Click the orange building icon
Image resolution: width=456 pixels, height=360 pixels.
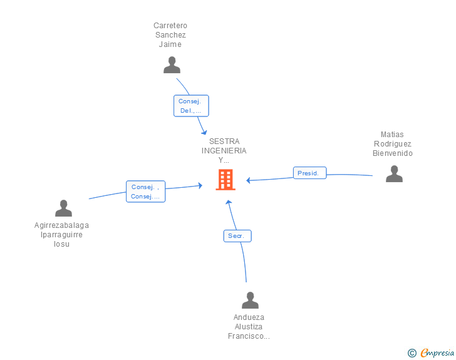point(225,180)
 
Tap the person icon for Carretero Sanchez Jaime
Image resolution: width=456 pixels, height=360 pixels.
point(172,65)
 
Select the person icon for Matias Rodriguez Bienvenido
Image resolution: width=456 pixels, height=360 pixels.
point(394,173)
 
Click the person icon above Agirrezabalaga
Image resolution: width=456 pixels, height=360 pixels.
point(63,208)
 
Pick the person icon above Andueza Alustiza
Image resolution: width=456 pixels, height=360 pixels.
point(250,300)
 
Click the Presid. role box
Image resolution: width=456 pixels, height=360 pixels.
point(309,173)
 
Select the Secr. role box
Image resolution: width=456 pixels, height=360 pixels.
point(237,236)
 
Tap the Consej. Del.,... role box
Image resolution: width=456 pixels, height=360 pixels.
point(191,106)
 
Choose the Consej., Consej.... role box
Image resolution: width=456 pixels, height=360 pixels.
point(146,192)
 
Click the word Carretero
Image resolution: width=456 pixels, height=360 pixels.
point(170,26)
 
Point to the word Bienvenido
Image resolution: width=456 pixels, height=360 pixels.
point(393,153)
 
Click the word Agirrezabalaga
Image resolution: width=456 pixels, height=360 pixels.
point(61,225)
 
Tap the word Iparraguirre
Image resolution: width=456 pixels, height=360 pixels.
point(61,235)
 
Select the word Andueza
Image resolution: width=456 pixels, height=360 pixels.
point(249,317)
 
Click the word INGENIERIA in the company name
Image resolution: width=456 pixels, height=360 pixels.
point(224,151)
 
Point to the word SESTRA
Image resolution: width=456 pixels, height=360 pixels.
point(224,141)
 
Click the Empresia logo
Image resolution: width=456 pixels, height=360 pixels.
point(437,352)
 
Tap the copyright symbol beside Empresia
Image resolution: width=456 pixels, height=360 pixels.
point(412,353)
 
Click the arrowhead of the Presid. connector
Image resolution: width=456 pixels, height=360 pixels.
point(248,180)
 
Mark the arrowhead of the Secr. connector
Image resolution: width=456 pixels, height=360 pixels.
point(229,202)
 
